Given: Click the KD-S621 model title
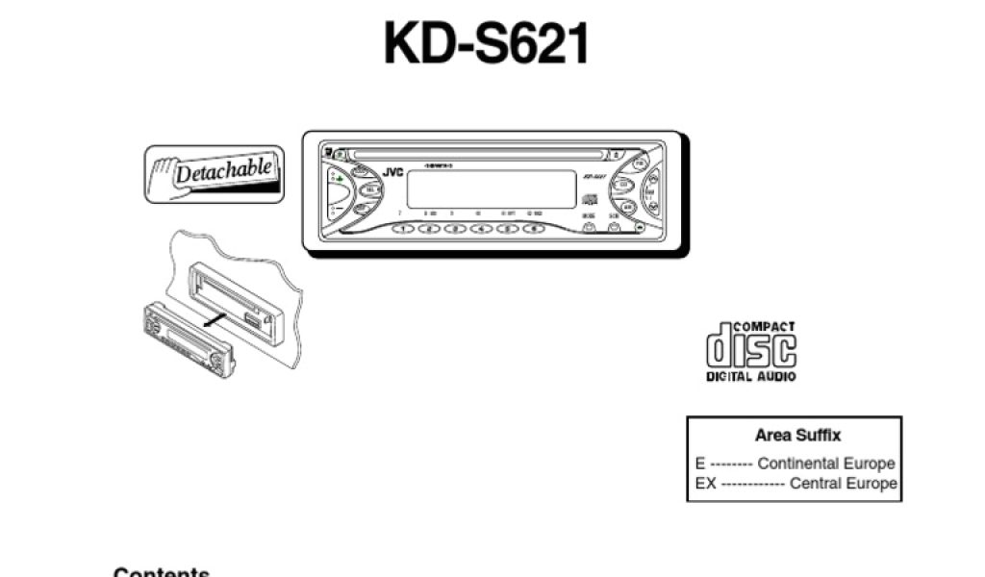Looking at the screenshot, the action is pyautogui.click(x=486, y=43).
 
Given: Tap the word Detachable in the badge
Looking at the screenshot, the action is pyautogui.click(x=223, y=171).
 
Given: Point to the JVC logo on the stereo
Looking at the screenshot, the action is pyautogui.click(x=392, y=172).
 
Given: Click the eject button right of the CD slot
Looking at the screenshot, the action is pyautogui.click(x=616, y=153).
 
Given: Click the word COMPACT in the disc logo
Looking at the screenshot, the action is pyautogui.click(x=765, y=327).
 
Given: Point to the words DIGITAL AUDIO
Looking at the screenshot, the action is pyautogui.click(x=751, y=377).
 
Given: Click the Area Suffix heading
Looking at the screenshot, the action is pyautogui.click(x=797, y=435).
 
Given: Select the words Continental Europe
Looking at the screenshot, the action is pyautogui.click(x=825, y=464).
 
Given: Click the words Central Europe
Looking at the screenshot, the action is pyautogui.click(x=843, y=484).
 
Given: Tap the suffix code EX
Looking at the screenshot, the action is pyautogui.click(x=705, y=484).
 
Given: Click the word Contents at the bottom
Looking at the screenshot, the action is pyautogui.click(x=162, y=572).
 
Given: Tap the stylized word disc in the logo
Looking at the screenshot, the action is pyautogui.click(x=751, y=348).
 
